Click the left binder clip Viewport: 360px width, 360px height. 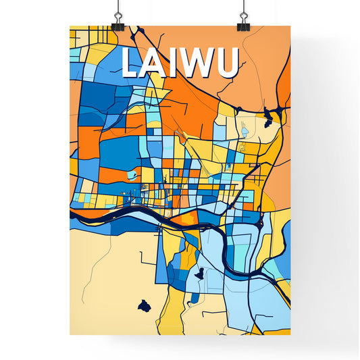(118, 25)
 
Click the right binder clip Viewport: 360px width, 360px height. (242, 25)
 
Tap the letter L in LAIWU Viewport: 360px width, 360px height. (132, 63)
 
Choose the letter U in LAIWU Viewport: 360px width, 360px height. (226, 63)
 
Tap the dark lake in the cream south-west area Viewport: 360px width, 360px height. (143, 307)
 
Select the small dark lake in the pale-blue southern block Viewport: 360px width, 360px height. (199, 274)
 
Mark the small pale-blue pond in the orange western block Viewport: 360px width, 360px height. (132, 176)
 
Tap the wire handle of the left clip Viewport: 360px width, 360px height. (118, 9)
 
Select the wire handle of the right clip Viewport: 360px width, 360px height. (242, 9)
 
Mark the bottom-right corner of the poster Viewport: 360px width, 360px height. (290, 334)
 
